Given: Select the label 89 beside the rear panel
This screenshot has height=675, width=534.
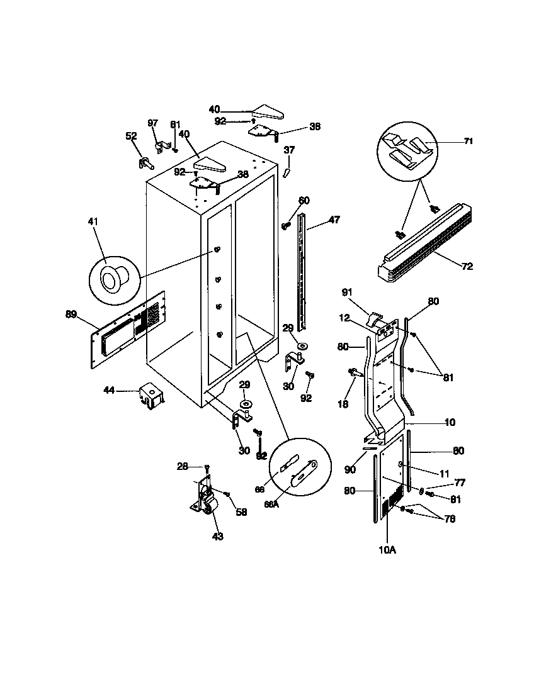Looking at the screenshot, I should coord(71,313).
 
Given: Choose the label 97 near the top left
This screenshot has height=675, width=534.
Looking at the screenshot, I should coord(153,123).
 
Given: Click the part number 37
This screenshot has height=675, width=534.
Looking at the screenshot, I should coord(289,150).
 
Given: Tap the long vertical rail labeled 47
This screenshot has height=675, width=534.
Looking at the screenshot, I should coord(305,271).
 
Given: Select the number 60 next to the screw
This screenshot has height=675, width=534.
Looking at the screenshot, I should coord(304,201).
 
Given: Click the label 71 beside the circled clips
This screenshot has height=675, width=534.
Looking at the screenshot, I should coord(468,142).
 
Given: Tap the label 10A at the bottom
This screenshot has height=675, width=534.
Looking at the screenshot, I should coord(387,550).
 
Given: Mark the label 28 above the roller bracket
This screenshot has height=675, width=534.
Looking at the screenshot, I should coord(182,466).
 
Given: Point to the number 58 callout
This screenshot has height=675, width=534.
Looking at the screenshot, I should coord(241,512).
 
